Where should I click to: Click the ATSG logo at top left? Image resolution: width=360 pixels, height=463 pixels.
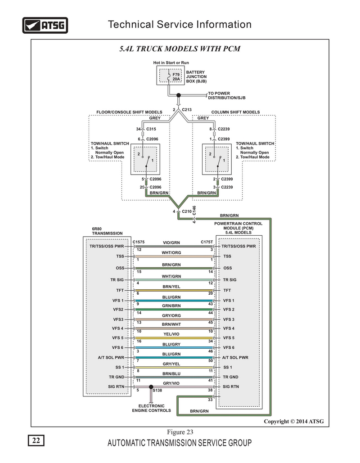45,25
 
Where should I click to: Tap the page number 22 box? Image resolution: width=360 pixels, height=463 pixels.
36,441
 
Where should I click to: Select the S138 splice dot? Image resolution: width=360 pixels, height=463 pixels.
151,387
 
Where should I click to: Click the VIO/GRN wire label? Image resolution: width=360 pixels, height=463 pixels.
171,243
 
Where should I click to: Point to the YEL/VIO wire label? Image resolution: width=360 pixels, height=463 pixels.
171,334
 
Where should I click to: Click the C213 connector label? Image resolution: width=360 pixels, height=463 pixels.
187,109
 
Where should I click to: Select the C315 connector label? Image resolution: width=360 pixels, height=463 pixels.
151,129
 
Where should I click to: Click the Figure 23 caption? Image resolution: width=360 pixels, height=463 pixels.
180,432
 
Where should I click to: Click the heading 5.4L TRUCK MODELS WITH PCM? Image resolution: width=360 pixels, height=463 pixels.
180,49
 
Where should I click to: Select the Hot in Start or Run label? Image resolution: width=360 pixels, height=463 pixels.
171,62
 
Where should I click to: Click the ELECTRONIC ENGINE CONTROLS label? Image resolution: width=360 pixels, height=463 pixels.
151,408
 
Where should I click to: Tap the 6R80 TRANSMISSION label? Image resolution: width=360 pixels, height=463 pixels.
107,231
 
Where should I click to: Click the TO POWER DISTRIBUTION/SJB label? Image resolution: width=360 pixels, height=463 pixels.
226,95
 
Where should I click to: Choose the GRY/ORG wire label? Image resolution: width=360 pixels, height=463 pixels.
171,315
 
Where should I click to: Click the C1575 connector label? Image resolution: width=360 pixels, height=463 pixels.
139,242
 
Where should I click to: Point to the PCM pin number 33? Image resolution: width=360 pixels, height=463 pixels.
210,400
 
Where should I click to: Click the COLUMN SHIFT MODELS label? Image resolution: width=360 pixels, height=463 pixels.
235,112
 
